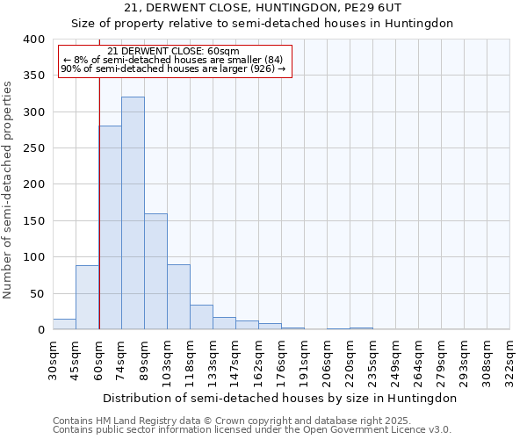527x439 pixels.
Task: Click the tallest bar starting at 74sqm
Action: (133, 213)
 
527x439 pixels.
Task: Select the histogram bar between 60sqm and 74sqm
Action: (110, 227)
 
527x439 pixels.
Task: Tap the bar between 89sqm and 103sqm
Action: (155, 271)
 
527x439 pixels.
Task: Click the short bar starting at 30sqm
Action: (64, 324)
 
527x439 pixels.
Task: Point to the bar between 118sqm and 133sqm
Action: (201, 317)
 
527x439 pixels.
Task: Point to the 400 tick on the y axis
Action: (33, 40)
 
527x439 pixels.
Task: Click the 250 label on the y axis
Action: (33, 148)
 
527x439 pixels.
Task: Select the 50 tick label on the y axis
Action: (37, 293)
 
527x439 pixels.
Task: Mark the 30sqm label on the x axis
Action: (53, 358)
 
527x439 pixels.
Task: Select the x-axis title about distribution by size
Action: (280, 398)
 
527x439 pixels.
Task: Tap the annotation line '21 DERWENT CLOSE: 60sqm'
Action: (172, 51)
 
